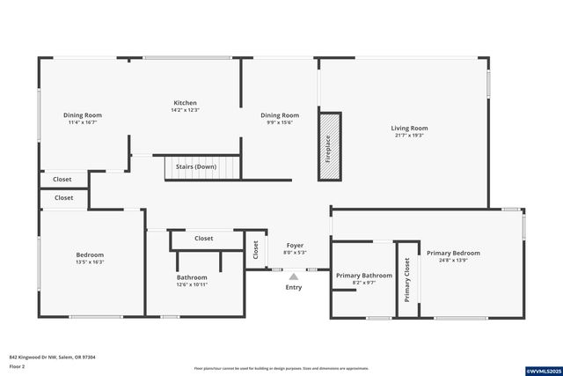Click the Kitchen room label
point(185,103)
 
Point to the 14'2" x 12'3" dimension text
point(185,110)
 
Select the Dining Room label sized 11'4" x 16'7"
point(83,115)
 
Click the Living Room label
point(409,129)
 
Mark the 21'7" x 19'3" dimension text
point(409,136)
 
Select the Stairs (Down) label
point(196,166)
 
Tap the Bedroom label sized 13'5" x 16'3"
point(90,254)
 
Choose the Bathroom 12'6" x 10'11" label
point(192,276)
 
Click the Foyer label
point(295,246)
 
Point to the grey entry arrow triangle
point(294,276)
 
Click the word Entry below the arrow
point(294,287)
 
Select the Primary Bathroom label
point(363,275)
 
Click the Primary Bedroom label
point(453,253)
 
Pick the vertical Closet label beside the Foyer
point(256,250)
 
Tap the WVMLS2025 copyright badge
point(538,371)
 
